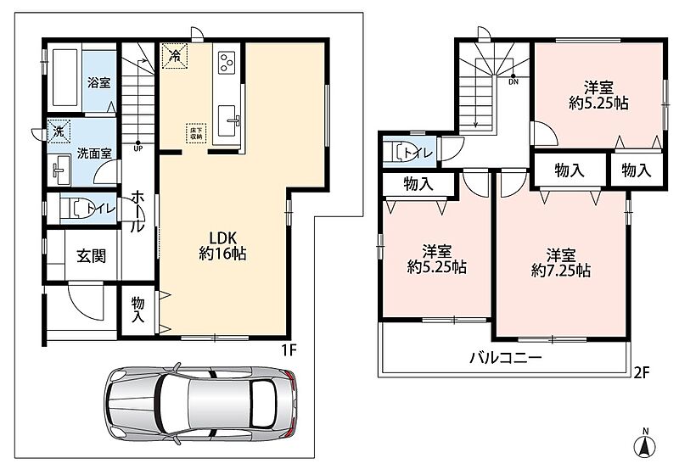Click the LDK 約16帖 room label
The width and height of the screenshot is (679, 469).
coord(222,245)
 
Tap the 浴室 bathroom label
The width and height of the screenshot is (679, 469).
coord(99,82)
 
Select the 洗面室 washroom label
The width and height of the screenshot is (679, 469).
coord(94,154)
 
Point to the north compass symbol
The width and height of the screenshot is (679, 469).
coord(645,444)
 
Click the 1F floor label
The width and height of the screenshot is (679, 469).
coord(289,350)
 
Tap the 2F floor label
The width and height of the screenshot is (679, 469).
coord(642,372)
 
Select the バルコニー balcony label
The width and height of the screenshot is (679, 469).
coord(506,358)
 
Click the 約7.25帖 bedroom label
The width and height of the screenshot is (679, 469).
coord(561,271)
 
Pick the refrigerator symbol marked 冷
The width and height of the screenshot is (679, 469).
coord(175,55)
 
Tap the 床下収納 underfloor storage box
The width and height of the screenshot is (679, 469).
coord(196,133)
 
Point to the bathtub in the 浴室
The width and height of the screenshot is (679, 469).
coord(65,78)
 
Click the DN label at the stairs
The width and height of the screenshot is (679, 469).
coord(513,81)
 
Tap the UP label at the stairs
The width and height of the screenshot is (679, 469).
coord(138,148)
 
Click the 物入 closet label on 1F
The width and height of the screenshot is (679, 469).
coord(137,310)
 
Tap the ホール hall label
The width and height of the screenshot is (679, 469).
coord(137,211)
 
